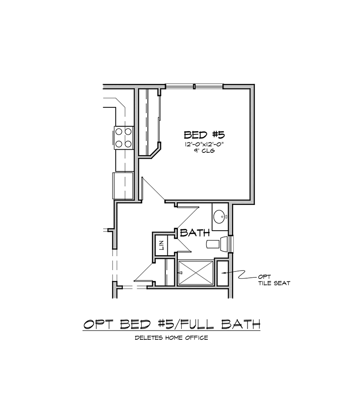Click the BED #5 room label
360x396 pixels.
204,135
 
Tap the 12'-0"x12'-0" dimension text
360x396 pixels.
204,144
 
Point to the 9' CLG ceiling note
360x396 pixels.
204,151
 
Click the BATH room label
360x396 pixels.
195,232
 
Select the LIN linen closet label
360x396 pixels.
162,245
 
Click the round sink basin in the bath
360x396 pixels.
219,217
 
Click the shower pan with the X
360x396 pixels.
196,273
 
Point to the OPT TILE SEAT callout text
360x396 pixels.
274,280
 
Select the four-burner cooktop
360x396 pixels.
124,138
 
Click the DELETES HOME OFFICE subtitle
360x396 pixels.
171,338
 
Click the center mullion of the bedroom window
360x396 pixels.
194,86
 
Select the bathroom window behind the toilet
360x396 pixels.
231,244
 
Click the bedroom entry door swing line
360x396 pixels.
154,188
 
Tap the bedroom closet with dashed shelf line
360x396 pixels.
149,123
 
